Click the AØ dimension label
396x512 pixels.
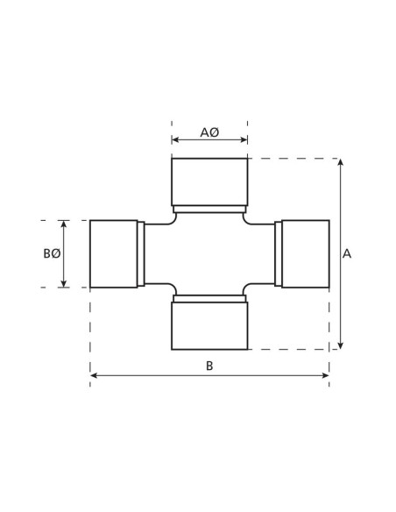(x=209, y=132)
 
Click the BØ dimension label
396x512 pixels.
(x=52, y=253)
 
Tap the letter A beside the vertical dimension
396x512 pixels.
(x=347, y=253)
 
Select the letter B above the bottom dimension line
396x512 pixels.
(x=209, y=366)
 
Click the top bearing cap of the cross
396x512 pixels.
(x=209, y=181)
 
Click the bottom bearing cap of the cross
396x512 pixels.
(x=209, y=326)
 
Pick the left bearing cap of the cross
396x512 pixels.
(x=113, y=253)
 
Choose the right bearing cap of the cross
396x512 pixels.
(x=306, y=253)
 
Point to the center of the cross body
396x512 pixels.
(x=209, y=253)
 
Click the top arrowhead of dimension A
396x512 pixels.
(x=340, y=162)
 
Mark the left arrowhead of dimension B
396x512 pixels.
(x=94, y=376)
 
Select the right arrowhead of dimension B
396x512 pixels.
(x=326, y=376)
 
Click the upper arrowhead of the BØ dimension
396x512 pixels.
(x=64, y=224)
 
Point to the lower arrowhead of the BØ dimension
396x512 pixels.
(x=64, y=283)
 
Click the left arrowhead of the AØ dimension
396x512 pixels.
(x=175, y=139)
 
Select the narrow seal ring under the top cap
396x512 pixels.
(x=209, y=209)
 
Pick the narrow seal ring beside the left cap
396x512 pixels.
(x=141, y=253)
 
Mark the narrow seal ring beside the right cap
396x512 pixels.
(x=279, y=253)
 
